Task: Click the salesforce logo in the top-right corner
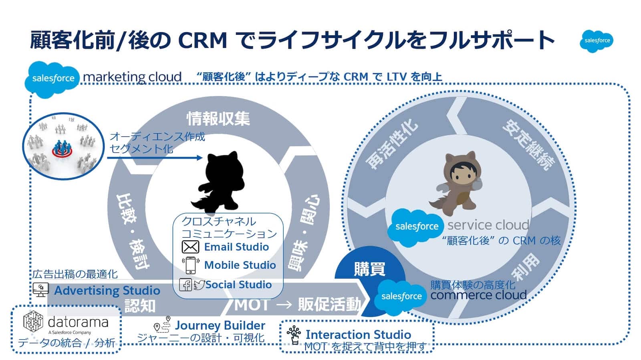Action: click(x=596, y=41)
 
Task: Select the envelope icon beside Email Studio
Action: click(x=190, y=247)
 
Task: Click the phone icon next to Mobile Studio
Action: click(x=191, y=265)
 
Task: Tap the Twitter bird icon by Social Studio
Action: click(x=199, y=285)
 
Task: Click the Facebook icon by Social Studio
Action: click(x=185, y=285)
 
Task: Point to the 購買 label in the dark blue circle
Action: click(x=369, y=269)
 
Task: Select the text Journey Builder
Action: click(x=220, y=326)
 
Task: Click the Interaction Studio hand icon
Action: click(x=294, y=335)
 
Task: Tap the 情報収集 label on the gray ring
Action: click(x=218, y=118)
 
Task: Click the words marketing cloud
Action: click(x=132, y=77)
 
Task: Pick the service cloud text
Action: click(x=488, y=225)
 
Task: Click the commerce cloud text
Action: click(x=478, y=295)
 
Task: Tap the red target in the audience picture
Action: click(x=62, y=152)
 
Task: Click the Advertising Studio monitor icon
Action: click(x=40, y=289)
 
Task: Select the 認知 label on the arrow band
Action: click(x=140, y=306)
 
